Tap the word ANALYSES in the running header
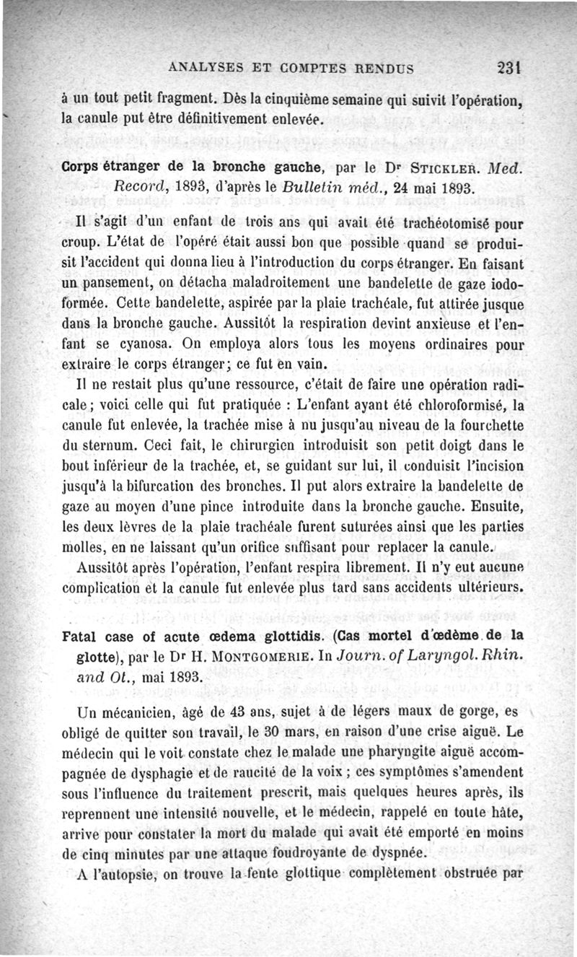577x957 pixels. [204, 69]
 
